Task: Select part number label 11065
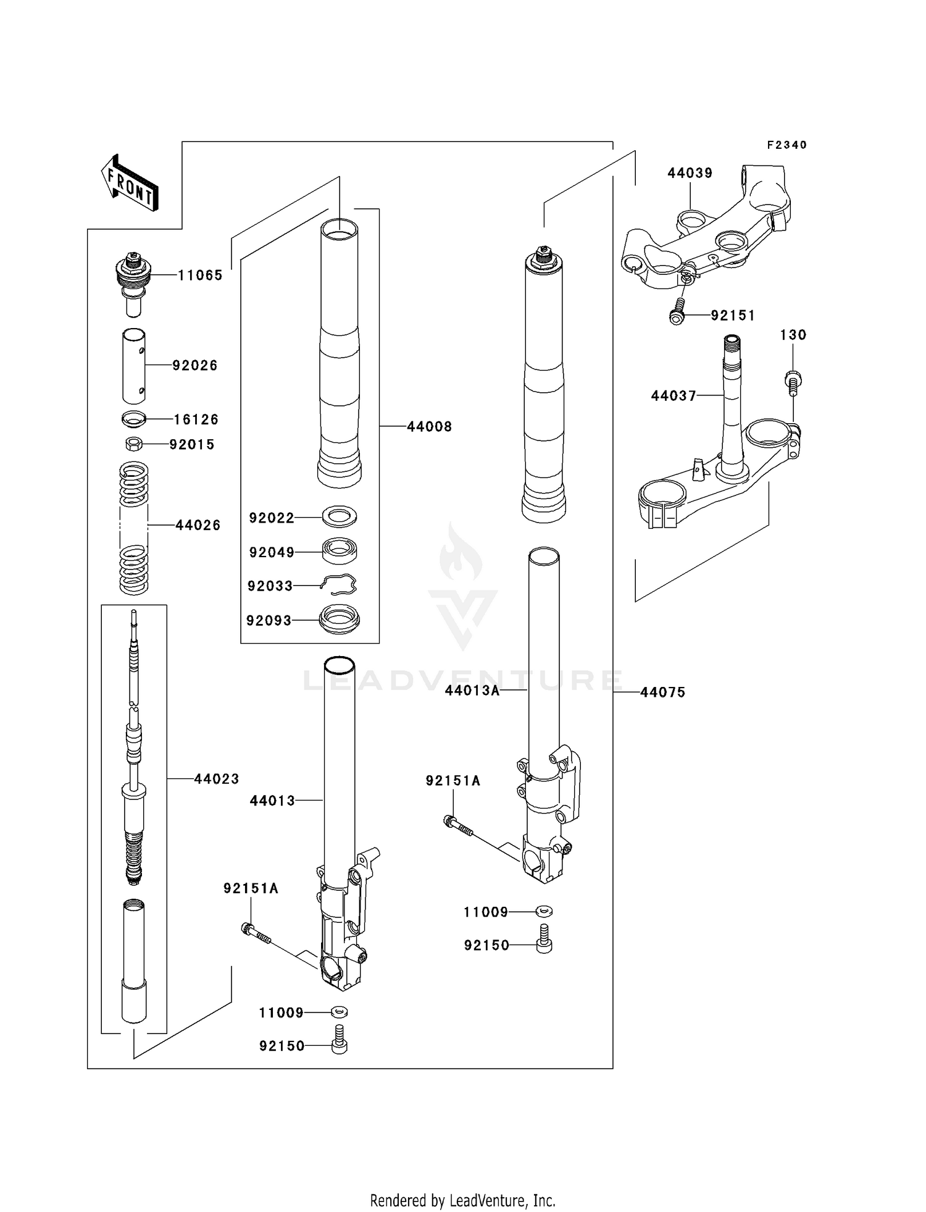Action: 200,276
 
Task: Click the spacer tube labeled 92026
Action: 133,366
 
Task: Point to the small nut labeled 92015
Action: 133,444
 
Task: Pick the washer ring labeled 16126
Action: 133,419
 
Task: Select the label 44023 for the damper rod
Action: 216,779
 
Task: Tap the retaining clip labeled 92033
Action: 339,584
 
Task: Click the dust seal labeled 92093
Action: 339,620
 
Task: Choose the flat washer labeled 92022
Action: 340,516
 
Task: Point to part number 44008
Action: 429,426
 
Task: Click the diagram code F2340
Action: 786,145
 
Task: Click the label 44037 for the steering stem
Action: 674,395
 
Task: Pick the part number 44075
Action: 662,692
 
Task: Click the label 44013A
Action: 472,690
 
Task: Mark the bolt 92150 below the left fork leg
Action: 339,1045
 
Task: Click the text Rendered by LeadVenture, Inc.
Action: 462,1200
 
